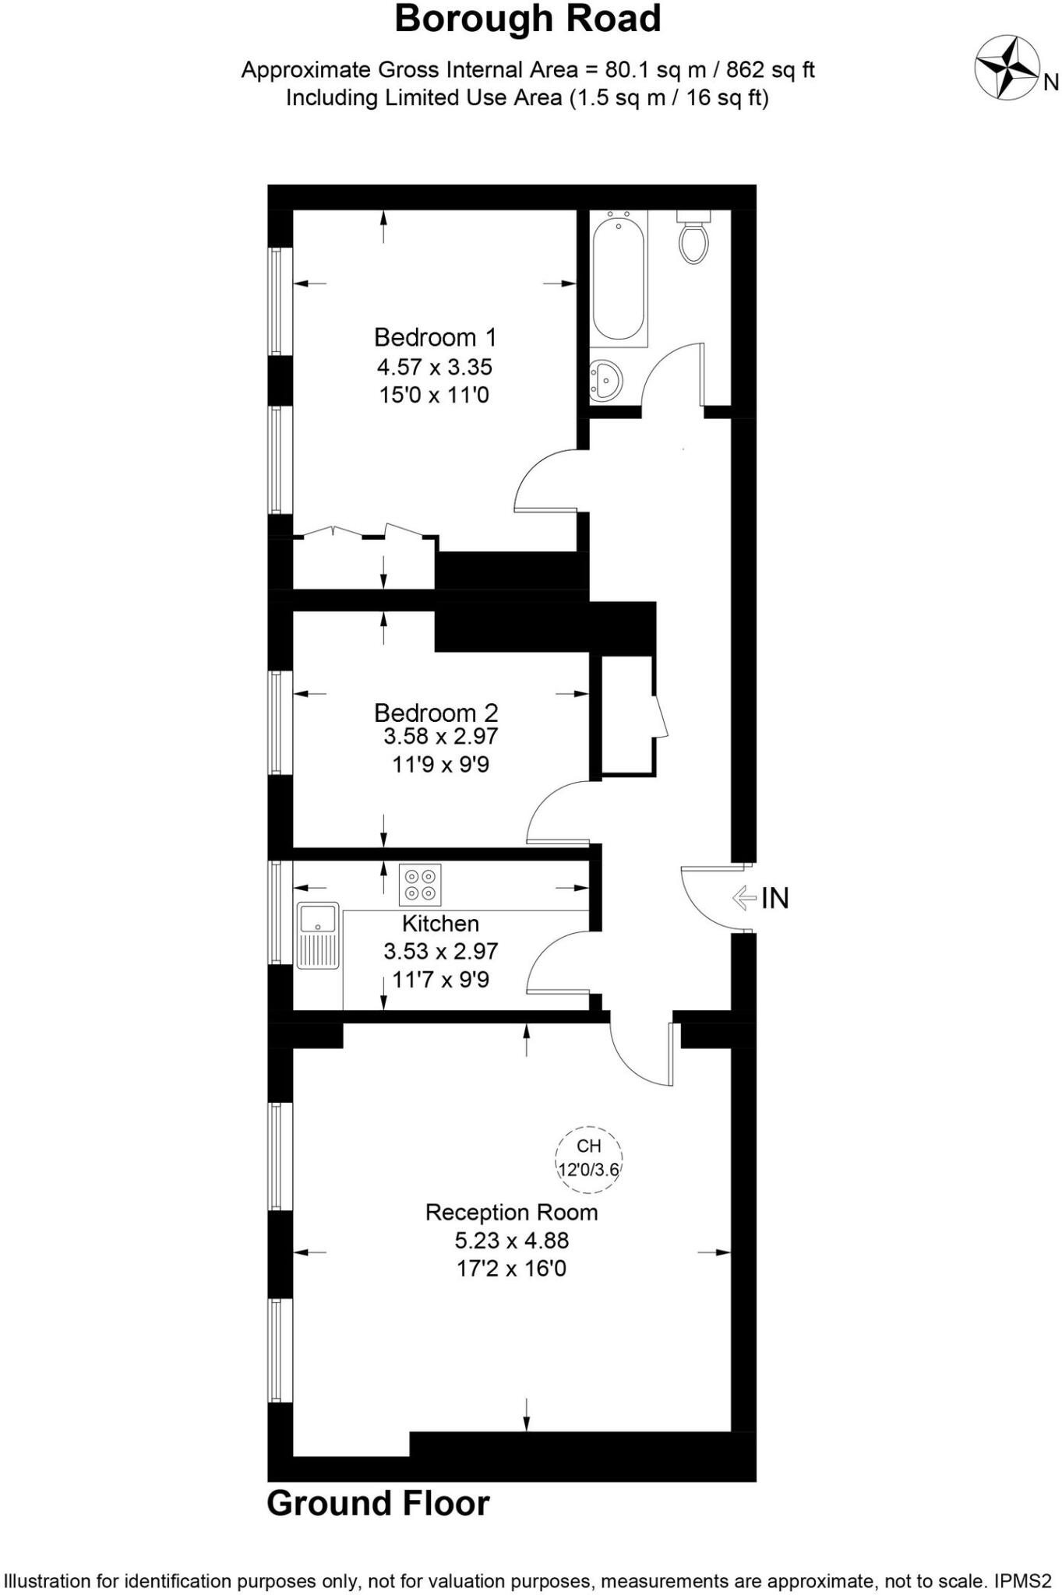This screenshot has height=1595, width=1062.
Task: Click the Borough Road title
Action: (x=527, y=19)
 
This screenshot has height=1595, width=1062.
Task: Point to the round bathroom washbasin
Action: (x=605, y=381)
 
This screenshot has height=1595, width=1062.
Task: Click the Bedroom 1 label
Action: (x=435, y=337)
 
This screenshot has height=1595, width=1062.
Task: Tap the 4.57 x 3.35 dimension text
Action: (x=435, y=366)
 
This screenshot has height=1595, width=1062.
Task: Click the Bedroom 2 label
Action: (x=436, y=712)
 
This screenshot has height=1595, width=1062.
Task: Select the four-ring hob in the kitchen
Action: (x=420, y=885)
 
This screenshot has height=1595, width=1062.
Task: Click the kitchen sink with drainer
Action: (x=317, y=935)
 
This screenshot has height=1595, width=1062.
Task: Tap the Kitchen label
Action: (x=440, y=924)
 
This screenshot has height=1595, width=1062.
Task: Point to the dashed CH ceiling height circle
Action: (x=589, y=1159)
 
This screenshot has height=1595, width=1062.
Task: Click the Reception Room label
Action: (x=511, y=1212)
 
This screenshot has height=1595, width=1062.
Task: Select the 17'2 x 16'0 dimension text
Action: (x=511, y=1268)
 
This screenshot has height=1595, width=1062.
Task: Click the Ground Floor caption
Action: (x=378, y=1503)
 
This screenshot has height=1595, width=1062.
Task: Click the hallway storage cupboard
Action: (x=626, y=715)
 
